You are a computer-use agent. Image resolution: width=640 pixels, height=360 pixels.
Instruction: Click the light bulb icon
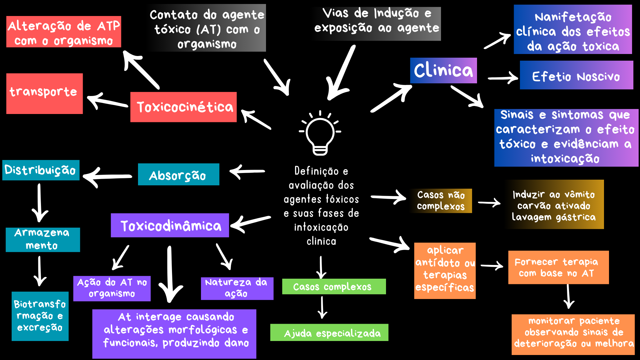320,133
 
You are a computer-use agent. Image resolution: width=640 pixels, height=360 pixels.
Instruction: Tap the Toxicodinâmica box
170,225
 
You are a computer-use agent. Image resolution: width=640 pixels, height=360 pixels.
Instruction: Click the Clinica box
443,70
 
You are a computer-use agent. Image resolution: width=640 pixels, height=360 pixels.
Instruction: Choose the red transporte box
44,93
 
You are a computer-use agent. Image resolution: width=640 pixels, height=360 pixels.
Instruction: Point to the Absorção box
178,174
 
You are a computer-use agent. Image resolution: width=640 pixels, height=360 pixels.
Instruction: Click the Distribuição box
41,170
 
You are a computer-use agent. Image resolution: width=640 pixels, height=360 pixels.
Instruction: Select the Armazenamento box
43,239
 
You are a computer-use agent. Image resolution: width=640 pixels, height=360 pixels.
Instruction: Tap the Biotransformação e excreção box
40,316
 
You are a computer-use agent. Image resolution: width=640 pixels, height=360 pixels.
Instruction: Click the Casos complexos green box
334,287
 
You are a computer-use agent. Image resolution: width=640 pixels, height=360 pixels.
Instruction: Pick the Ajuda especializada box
329,332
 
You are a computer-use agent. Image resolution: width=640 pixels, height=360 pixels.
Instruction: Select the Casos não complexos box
441,201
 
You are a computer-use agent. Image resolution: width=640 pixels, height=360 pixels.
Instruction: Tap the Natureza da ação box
237,288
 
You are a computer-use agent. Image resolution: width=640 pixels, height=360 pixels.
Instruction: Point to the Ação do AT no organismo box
112,288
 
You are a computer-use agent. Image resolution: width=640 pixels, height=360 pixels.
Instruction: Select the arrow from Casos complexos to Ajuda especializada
322,307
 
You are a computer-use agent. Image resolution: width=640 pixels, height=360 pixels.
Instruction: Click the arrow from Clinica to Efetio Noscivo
503,78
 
